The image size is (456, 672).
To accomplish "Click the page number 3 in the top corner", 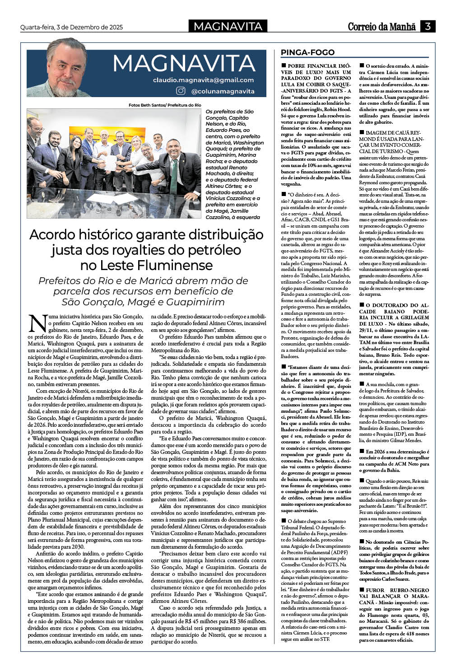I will tap(428, 26).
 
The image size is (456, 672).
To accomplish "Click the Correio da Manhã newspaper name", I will tap(382, 27).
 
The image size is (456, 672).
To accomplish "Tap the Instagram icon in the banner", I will tap(181, 91).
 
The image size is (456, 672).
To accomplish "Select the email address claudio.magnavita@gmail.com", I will tap(203, 80).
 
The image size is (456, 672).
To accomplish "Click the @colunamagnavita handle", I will tap(223, 91).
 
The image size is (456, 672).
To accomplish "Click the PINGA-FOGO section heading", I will tap(308, 52).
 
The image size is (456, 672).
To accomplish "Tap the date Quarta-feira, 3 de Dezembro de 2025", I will tap(71, 27).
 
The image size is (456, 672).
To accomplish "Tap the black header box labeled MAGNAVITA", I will tap(228, 27).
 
